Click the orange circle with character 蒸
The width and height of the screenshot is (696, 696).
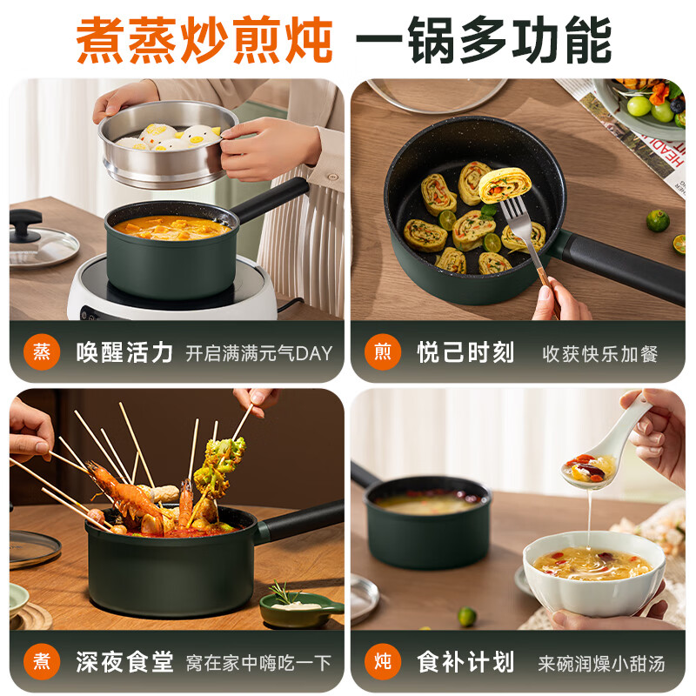coord(42,352)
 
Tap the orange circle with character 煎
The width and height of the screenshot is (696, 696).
coord(383,352)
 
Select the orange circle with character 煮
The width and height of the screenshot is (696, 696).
coord(42,662)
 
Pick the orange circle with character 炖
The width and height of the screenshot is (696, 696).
coord(383,662)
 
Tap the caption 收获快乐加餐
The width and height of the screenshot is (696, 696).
coord(600,353)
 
